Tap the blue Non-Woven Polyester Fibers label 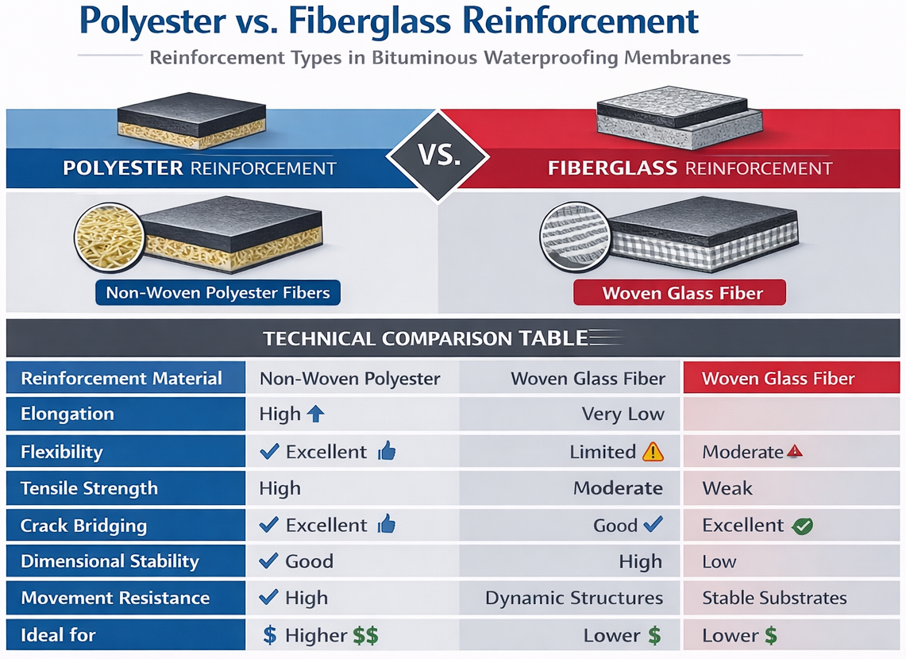pos(218,292)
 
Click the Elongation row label pos(67,414)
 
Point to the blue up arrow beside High pos(315,414)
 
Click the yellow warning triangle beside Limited pos(653,452)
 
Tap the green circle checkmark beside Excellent pos(802,526)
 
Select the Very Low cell pos(623,414)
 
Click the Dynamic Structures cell pos(573,598)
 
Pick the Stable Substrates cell pos(774,598)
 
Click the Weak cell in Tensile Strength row pos(727,488)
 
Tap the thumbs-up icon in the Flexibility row pos(387,452)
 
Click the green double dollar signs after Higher pos(365,635)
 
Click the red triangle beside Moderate pos(794,451)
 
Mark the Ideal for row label pos(58,635)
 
